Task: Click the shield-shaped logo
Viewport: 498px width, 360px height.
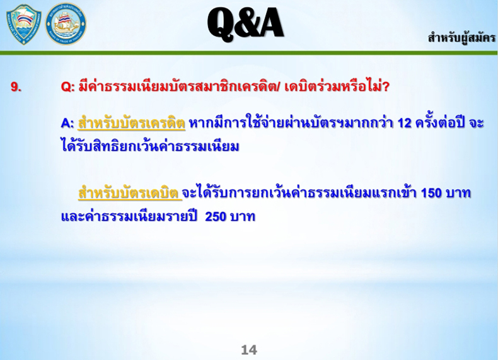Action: click(24, 25)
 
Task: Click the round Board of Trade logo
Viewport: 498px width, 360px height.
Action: click(66, 25)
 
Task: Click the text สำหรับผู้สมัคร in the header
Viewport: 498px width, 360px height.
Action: click(461, 38)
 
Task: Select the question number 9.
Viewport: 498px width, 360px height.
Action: click(16, 87)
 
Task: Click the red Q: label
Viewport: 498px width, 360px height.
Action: click(67, 87)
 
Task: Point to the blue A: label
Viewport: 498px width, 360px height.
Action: click(67, 123)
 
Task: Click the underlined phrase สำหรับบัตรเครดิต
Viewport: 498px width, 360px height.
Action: click(132, 122)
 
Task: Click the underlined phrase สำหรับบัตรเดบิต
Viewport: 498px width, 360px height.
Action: click(130, 192)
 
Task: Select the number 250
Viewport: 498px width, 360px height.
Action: click(216, 217)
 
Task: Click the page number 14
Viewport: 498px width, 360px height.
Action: click(249, 350)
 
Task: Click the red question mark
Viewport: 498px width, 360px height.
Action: click(386, 87)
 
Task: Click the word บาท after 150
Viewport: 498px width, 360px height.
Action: click(458, 193)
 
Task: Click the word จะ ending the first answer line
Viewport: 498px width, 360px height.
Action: click(477, 123)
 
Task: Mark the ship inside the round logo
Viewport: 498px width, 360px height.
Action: click(66, 24)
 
